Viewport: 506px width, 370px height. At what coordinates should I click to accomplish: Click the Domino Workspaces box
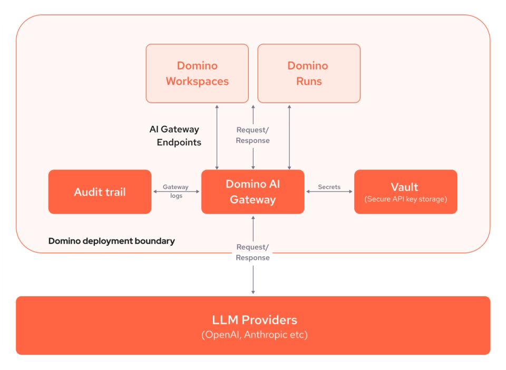point(197,73)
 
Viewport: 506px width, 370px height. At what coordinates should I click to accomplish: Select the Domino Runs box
point(308,73)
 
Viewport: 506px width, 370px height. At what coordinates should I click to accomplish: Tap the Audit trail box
point(100,192)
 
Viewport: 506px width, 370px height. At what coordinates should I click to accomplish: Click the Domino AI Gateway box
point(252,192)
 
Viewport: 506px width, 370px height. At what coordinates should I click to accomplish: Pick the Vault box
point(405,192)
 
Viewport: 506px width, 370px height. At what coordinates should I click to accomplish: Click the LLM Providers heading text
point(254,319)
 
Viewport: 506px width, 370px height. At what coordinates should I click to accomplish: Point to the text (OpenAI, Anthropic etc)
point(254,335)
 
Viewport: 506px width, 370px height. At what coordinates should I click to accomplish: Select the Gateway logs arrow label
point(176,191)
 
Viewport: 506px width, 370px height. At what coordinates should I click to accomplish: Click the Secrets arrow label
point(329,187)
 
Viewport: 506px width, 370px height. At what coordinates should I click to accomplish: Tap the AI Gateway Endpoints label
point(175,136)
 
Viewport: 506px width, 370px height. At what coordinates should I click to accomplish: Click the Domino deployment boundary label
point(111,241)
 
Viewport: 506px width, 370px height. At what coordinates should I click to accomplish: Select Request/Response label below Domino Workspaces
point(253,135)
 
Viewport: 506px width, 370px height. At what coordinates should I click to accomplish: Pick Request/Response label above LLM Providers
point(253,252)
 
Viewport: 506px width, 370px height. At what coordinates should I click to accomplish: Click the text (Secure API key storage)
point(405,199)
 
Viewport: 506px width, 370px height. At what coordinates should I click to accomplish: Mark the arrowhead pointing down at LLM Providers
point(253,291)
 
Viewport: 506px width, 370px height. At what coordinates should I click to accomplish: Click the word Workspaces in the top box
point(197,81)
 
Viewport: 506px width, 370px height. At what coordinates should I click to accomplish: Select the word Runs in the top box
point(308,81)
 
